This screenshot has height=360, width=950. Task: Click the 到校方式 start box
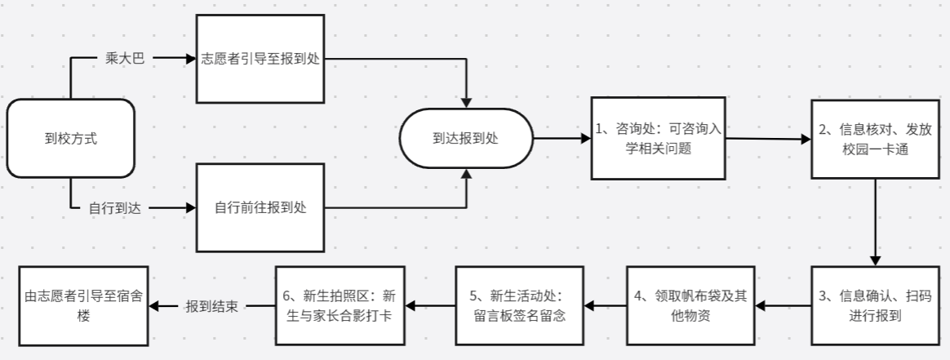tap(70, 139)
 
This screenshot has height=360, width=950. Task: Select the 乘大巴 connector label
tap(124, 59)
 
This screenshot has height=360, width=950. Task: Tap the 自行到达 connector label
tap(115, 208)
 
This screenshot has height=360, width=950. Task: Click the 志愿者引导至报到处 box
tap(260, 59)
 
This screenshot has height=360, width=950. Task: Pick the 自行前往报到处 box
tap(260, 208)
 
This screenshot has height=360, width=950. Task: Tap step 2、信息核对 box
tap(875, 139)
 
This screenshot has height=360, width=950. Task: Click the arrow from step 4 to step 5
tap(605, 306)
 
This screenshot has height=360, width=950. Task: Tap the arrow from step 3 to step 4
tap(783, 306)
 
